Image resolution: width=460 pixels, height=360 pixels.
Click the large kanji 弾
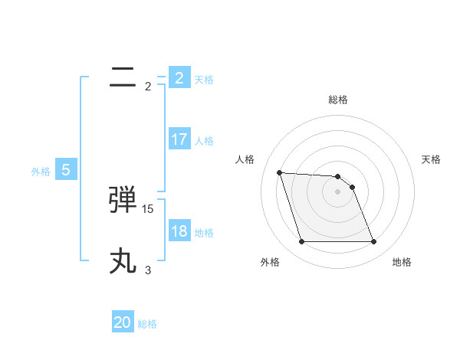pyautogui.click(x=123, y=201)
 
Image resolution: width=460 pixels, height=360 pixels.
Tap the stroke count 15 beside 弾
pyautogui.click(x=148, y=208)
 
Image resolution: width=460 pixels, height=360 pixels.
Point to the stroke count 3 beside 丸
pyautogui.click(x=148, y=270)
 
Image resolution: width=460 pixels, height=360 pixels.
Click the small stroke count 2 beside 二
pyautogui.click(x=148, y=86)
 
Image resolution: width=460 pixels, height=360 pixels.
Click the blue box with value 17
pyautogui.click(x=179, y=139)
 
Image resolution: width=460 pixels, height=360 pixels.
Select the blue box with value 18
pyautogui.click(x=179, y=231)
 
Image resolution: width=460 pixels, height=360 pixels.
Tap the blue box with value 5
pyautogui.click(x=66, y=170)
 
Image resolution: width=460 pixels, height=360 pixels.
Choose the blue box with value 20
pyautogui.click(x=123, y=322)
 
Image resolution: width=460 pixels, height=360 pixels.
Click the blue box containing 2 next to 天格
pyautogui.click(x=179, y=78)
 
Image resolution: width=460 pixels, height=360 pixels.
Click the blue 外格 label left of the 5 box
pyautogui.click(x=41, y=172)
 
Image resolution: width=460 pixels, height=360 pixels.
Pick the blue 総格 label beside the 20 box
pyautogui.click(x=147, y=324)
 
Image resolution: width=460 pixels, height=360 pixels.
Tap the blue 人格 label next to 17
pyautogui.click(x=204, y=141)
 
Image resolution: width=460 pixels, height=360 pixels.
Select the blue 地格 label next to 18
pyautogui.click(x=204, y=233)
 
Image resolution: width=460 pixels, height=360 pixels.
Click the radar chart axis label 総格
pyautogui.click(x=337, y=100)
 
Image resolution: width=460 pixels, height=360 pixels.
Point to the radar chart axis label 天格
pyautogui.click(x=432, y=159)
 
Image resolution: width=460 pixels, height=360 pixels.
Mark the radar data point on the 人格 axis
pyautogui.click(x=279, y=172)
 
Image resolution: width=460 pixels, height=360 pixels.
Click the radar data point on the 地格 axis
pyautogui.click(x=373, y=242)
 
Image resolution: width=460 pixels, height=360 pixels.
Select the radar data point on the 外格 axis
pyautogui.click(x=301, y=242)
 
